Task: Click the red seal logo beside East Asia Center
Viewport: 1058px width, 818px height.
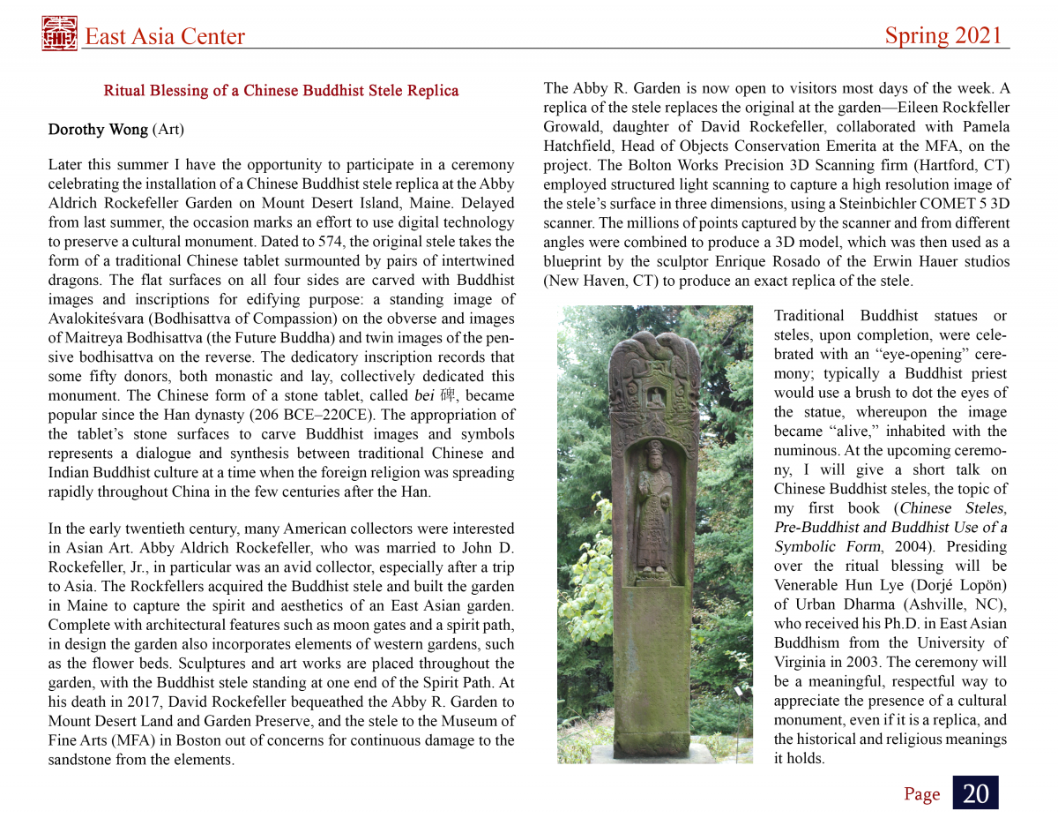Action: tap(59, 34)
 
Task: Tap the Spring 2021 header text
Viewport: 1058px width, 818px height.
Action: tap(943, 35)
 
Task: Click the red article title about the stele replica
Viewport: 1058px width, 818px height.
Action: tap(280, 90)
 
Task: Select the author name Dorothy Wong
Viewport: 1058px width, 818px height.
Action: tap(98, 130)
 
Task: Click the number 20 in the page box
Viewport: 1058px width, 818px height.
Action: tap(975, 793)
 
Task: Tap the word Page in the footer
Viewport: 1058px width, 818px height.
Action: tap(921, 794)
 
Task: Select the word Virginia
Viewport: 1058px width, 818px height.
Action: tap(800, 663)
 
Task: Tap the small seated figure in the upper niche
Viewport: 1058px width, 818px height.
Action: tap(655, 397)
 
